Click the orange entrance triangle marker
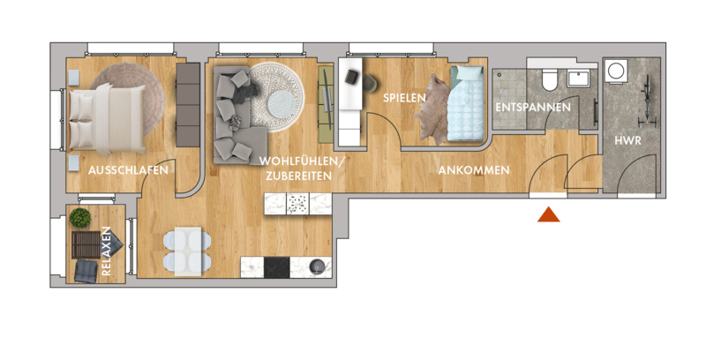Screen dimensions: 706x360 click(548, 214)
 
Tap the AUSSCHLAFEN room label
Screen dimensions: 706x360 click(128, 170)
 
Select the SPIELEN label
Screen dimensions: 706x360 click(404, 98)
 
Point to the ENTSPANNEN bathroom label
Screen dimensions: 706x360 click(533, 108)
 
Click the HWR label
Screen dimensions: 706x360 click(627, 140)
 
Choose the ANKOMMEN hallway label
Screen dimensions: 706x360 click(474, 170)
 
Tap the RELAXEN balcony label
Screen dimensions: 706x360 click(106, 251)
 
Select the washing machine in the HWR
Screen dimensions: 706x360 click(615, 71)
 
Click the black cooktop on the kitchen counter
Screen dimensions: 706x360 click(277, 267)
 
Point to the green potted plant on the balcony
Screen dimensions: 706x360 click(80, 218)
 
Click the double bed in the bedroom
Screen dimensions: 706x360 click(108, 119)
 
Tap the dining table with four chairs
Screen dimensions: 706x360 click(187, 251)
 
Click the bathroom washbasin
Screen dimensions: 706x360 click(581, 79)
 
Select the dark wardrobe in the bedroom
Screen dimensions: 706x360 click(188, 105)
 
